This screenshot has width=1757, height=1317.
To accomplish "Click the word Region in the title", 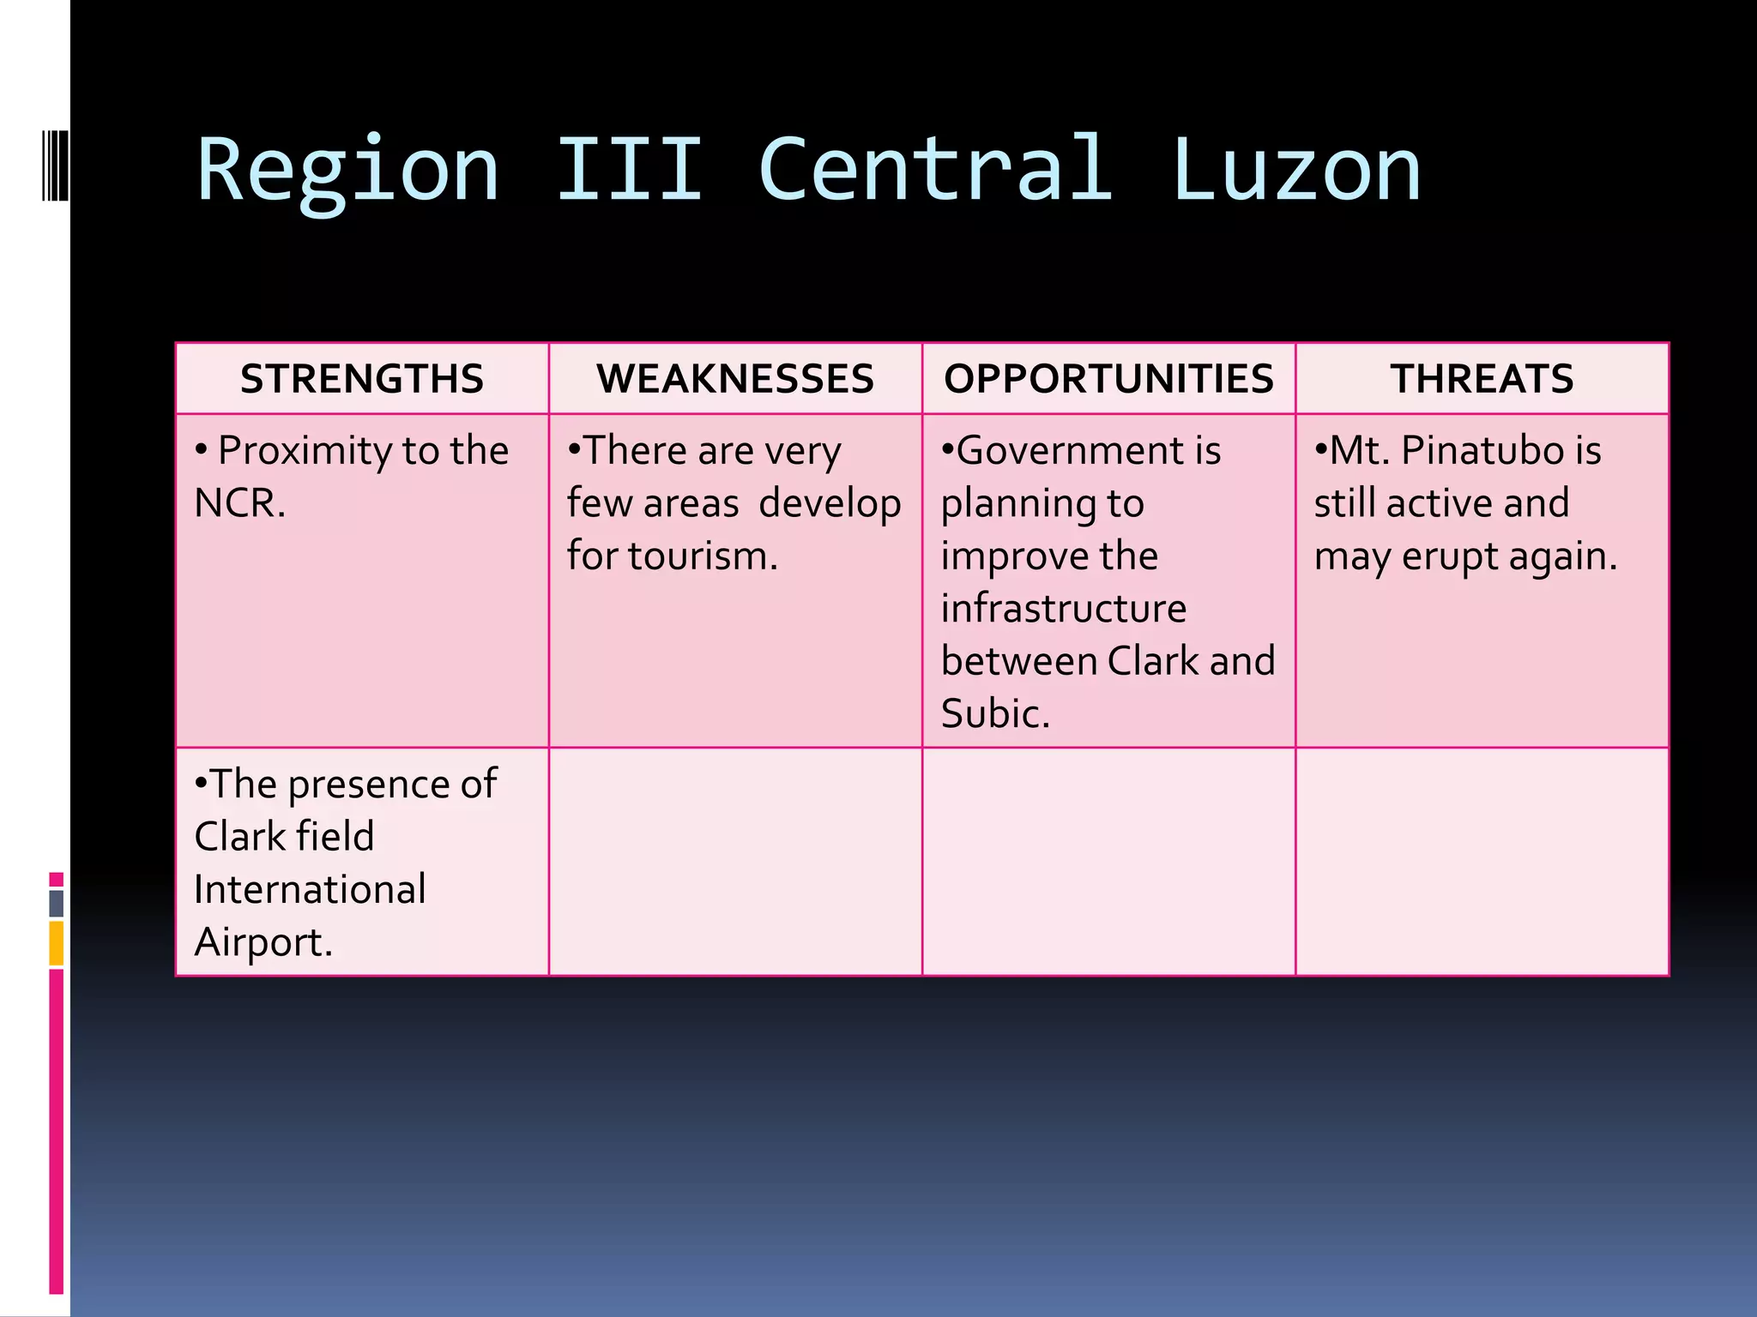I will (x=347, y=171).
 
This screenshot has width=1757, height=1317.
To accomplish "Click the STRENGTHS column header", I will (x=362, y=379).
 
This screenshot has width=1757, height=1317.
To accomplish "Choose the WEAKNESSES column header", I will (x=735, y=379).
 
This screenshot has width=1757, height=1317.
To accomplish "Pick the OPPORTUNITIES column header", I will (x=1108, y=379).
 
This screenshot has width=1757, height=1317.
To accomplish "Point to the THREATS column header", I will (x=1482, y=379).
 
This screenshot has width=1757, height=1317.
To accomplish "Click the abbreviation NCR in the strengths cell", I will (x=238, y=503).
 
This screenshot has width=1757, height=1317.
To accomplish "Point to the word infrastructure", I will (x=1064, y=609).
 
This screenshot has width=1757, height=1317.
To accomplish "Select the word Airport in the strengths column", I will (x=261, y=942).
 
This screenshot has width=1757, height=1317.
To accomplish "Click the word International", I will (x=310, y=889).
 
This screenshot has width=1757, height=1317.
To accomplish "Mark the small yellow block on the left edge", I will (x=57, y=943).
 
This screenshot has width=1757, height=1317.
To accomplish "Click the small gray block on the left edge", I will (x=57, y=903).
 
